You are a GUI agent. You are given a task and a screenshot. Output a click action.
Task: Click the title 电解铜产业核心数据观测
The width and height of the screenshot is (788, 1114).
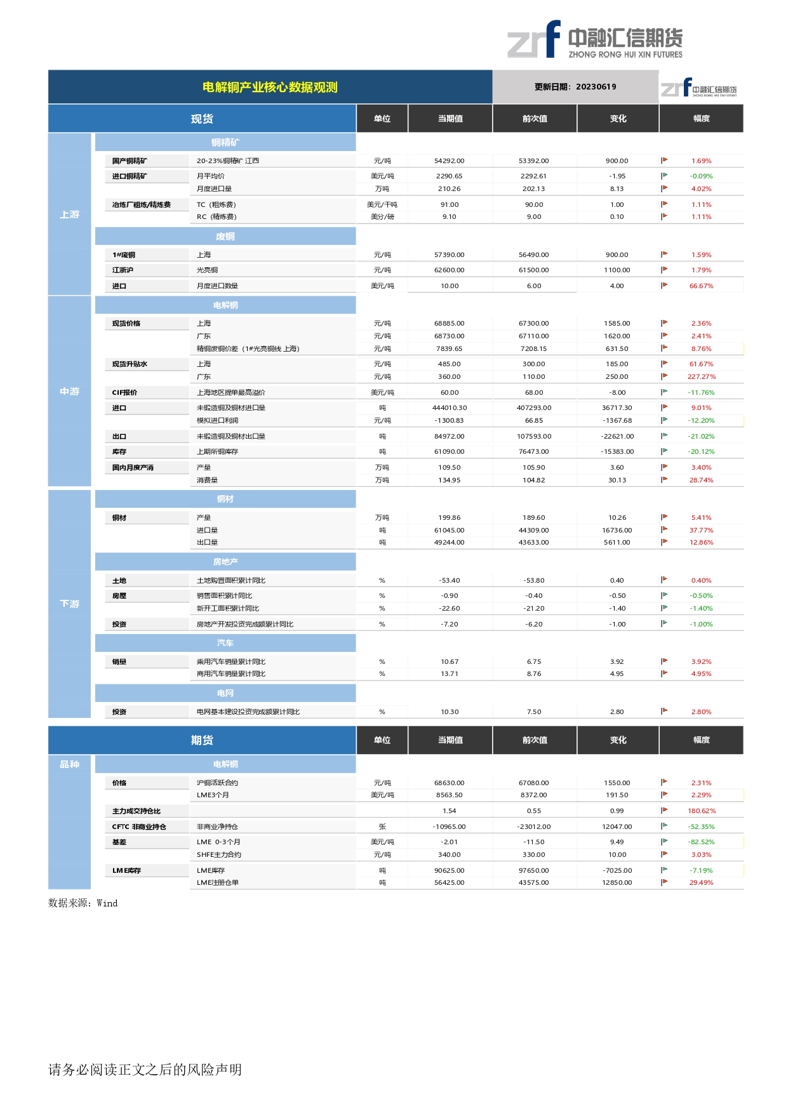click(270, 87)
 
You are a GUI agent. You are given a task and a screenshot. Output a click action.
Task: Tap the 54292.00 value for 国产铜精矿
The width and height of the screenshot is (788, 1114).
click(450, 161)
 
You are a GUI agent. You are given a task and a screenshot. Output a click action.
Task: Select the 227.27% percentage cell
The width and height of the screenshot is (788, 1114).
click(701, 377)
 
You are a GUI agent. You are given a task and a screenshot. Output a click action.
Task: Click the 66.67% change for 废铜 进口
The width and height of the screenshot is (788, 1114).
click(701, 286)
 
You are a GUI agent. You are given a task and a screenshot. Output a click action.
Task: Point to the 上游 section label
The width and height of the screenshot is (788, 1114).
click(70, 215)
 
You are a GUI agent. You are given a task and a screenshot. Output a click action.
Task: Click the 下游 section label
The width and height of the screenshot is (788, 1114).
click(70, 604)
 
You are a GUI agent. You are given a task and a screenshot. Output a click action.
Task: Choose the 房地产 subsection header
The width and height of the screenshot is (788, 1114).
click(225, 562)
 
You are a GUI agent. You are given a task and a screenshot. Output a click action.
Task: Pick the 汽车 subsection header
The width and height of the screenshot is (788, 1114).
click(225, 643)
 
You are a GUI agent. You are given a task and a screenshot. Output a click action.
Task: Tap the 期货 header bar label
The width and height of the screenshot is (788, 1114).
click(202, 740)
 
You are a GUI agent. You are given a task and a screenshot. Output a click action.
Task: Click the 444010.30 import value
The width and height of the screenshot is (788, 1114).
click(450, 408)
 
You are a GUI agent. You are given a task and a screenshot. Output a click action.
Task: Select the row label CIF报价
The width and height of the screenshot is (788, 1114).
click(124, 393)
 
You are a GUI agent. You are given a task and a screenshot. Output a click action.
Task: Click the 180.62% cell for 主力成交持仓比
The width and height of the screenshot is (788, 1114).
click(701, 811)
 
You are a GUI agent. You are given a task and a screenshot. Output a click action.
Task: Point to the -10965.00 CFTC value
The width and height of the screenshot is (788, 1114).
click(450, 827)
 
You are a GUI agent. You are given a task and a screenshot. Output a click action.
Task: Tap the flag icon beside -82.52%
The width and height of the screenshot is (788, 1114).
click(664, 842)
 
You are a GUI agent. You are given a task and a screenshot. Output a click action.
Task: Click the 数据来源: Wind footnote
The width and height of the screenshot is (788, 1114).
click(83, 903)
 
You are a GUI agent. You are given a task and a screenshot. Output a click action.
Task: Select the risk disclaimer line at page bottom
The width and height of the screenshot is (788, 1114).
click(145, 1070)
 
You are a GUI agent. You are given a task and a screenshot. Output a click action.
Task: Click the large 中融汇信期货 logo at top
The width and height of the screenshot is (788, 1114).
click(595, 40)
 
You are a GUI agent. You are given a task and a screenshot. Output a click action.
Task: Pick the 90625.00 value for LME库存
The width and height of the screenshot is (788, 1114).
click(450, 871)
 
